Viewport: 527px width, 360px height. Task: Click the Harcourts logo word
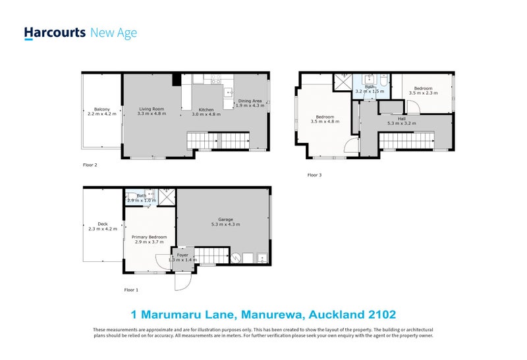click(x=55, y=33)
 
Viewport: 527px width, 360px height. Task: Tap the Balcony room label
click(x=102, y=109)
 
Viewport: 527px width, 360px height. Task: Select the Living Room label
click(x=152, y=109)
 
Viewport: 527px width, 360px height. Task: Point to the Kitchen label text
click(x=206, y=109)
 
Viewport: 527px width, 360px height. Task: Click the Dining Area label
click(x=250, y=101)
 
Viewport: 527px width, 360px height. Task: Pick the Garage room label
click(x=225, y=220)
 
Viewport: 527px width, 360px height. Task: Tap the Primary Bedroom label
click(x=149, y=237)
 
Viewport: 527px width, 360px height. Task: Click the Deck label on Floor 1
click(x=103, y=224)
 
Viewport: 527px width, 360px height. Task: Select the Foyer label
click(x=182, y=255)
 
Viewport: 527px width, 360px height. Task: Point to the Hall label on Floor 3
click(x=402, y=118)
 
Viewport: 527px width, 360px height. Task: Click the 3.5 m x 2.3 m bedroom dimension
click(x=423, y=93)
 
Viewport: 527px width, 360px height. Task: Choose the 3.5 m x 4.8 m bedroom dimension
click(x=325, y=122)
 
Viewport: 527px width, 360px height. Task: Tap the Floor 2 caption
click(x=90, y=165)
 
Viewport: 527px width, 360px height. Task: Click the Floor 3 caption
click(x=315, y=175)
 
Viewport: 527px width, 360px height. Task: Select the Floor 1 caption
click(x=131, y=290)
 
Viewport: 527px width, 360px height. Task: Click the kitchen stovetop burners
click(x=216, y=79)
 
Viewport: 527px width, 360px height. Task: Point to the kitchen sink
click(x=229, y=91)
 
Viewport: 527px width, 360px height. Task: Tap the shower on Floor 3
click(x=342, y=82)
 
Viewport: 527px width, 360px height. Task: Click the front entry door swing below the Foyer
click(x=183, y=282)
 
